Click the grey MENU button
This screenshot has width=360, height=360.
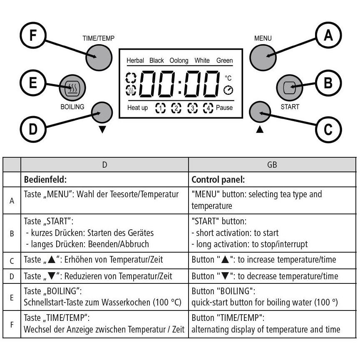tap(263, 57)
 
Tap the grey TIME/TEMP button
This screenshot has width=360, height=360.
tap(99, 57)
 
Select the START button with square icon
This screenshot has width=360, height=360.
tap(289, 88)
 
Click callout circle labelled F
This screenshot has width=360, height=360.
tap(33, 35)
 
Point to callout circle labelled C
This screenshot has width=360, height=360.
tap(328, 129)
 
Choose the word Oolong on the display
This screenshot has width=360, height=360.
tap(179, 61)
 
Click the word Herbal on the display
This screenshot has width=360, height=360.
tap(135, 60)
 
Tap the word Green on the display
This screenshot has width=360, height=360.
tap(225, 60)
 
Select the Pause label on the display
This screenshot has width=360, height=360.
tap(224, 107)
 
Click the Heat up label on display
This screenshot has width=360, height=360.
tap(137, 108)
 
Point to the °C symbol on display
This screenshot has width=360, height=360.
tap(228, 78)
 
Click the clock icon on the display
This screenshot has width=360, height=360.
tap(228, 90)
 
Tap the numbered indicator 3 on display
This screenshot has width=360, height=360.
tap(192, 108)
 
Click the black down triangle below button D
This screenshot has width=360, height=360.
tap(102, 129)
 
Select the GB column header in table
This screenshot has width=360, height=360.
tap(272, 165)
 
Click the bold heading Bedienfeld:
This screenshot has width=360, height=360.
tap(45, 179)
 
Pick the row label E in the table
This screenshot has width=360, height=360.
tap(12, 298)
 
